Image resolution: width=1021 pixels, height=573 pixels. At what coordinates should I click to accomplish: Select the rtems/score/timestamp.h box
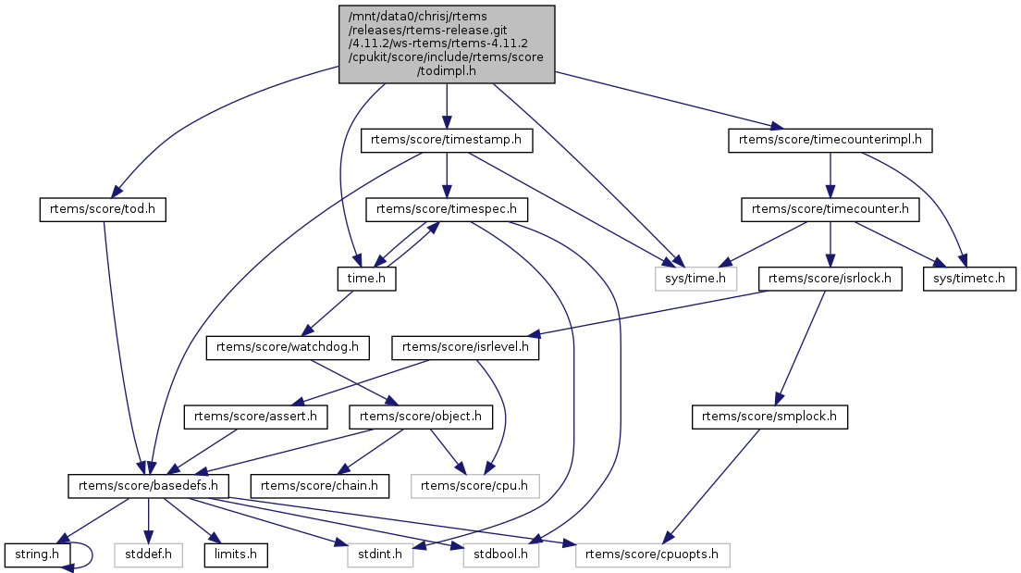coord(447,141)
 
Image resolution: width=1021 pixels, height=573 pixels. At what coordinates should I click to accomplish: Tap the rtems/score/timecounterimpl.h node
coord(830,141)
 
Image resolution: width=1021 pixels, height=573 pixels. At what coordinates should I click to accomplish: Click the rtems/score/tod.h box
coord(103,209)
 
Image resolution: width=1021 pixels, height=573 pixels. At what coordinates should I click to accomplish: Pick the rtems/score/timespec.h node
coord(447,209)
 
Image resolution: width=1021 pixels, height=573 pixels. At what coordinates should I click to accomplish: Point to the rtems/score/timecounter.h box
coord(830,209)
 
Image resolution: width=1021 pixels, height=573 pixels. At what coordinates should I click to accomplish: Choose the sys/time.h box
coord(695,277)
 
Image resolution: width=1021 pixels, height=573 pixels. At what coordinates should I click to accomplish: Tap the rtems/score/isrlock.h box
coord(830,277)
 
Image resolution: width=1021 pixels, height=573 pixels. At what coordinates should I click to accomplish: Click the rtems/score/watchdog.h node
coord(288,347)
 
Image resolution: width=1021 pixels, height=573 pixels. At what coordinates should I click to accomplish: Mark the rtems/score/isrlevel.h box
coord(466,347)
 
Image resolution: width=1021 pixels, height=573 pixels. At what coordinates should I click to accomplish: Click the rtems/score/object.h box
coord(419,416)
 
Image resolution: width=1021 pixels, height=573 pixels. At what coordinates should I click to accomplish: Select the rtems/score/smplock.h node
coord(769,416)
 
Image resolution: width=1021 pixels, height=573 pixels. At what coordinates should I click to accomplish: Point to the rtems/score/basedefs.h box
coord(148,484)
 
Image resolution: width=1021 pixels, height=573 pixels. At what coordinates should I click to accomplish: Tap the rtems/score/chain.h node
coord(319,484)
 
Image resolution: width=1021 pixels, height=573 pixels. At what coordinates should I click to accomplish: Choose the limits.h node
coord(236,555)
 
